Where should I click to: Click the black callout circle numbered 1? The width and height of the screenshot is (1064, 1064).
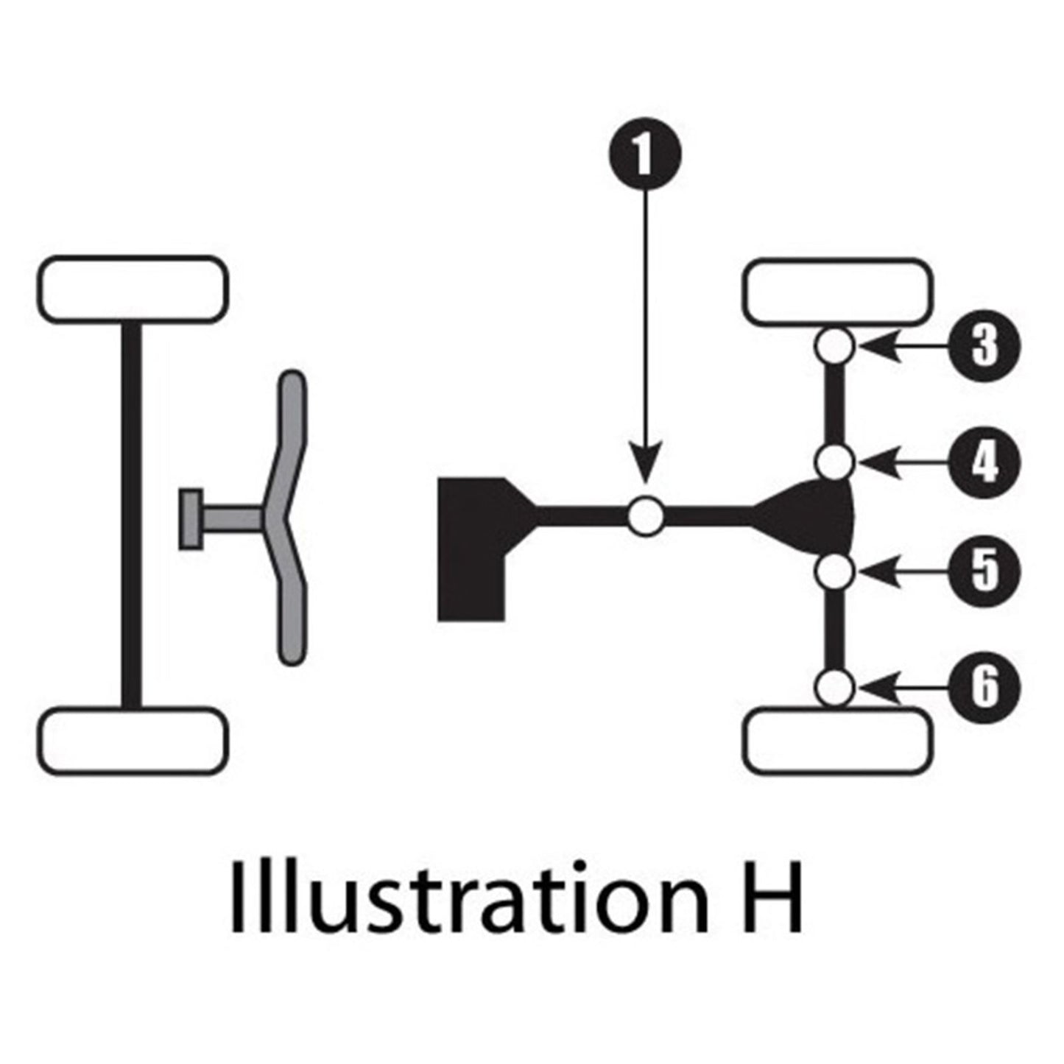(645, 153)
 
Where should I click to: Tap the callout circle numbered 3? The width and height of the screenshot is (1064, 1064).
(984, 346)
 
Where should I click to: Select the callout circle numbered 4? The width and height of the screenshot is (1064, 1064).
(984, 462)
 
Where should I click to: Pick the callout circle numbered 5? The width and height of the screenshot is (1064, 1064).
(984, 572)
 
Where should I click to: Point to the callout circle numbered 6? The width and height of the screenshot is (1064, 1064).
(984, 688)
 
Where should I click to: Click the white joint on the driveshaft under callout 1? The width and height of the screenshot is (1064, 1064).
(646, 515)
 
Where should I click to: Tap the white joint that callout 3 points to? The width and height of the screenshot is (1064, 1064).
(835, 346)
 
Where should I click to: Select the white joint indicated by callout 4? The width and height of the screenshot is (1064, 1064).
(835, 462)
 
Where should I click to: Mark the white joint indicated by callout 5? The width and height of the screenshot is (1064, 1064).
(835, 572)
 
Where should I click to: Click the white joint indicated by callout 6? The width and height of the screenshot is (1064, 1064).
(835, 688)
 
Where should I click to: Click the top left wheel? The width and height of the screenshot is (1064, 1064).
(133, 289)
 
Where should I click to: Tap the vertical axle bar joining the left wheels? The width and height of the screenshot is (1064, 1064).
(131, 515)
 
